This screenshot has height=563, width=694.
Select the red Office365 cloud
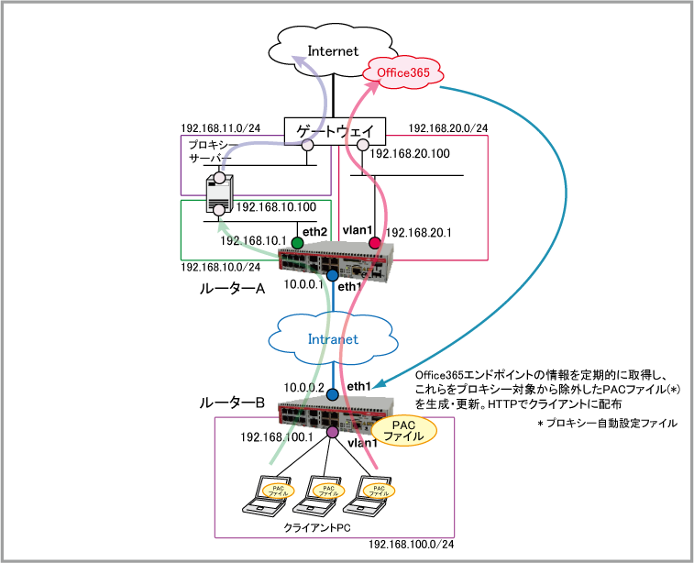click(x=403, y=72)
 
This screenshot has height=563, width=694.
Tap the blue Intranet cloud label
click(x=333, y=338)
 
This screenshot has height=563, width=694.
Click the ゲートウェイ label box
click(x=335, y=132)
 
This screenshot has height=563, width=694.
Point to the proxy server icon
click(x=220, y=193)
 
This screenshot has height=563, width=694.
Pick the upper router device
click(x=336, y=261)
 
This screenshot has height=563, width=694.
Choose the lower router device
click(x=336, y=414)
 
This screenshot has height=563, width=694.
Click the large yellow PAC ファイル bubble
click(x=402, y=431)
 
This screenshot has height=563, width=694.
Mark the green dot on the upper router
click(x=297, y=243)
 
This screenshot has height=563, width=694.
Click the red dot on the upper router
click(x=374, y=243)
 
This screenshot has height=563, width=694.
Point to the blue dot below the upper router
click(x=332, y=275)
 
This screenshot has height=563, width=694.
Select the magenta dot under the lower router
click(x=332, y=432)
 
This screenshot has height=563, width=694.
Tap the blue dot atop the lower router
click(x=332, y=394)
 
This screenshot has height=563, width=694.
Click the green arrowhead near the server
click(x=222, y=225)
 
